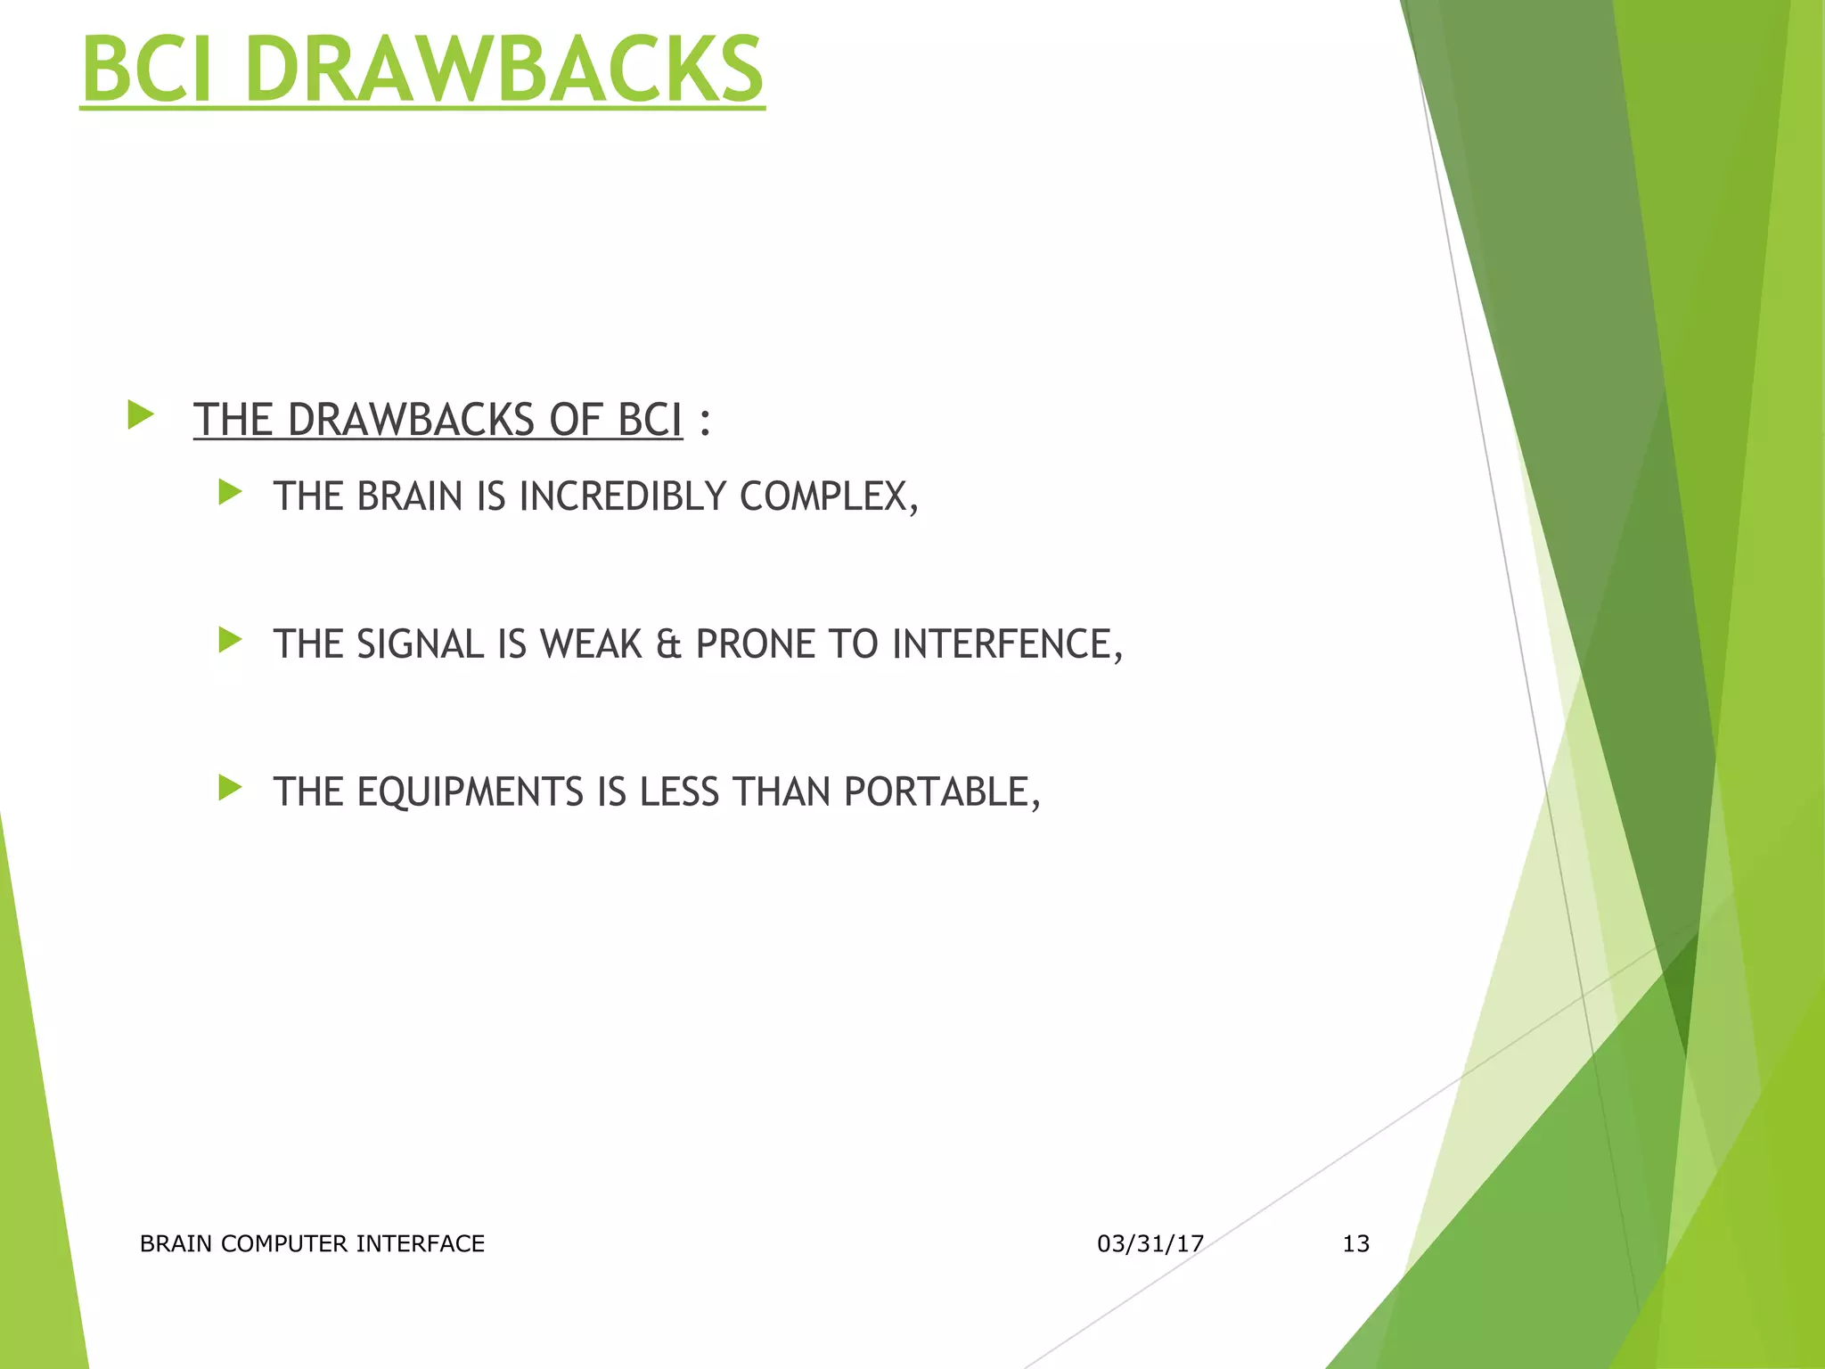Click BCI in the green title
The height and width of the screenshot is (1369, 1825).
[x=148, y=70]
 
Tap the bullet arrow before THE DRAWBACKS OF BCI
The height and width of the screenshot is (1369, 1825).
[x=141, y=414]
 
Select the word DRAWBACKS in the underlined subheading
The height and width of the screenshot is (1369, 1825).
[x=411, y=420]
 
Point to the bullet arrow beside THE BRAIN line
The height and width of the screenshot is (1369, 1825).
[x=230, y=492]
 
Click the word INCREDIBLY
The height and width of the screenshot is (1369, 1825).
[x=623, y=496]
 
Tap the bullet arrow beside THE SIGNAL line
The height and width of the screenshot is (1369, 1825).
[x=230, y=639]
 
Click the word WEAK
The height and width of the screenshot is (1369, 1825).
[x=591, y=644]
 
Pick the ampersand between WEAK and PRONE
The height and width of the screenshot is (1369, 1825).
[x=668, y=644]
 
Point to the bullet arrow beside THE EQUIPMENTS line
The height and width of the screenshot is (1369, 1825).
[x=230, y=787]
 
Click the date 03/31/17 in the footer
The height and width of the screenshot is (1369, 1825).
[x=1150, y=1243]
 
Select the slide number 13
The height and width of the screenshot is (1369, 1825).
[x=1355, y=1243]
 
